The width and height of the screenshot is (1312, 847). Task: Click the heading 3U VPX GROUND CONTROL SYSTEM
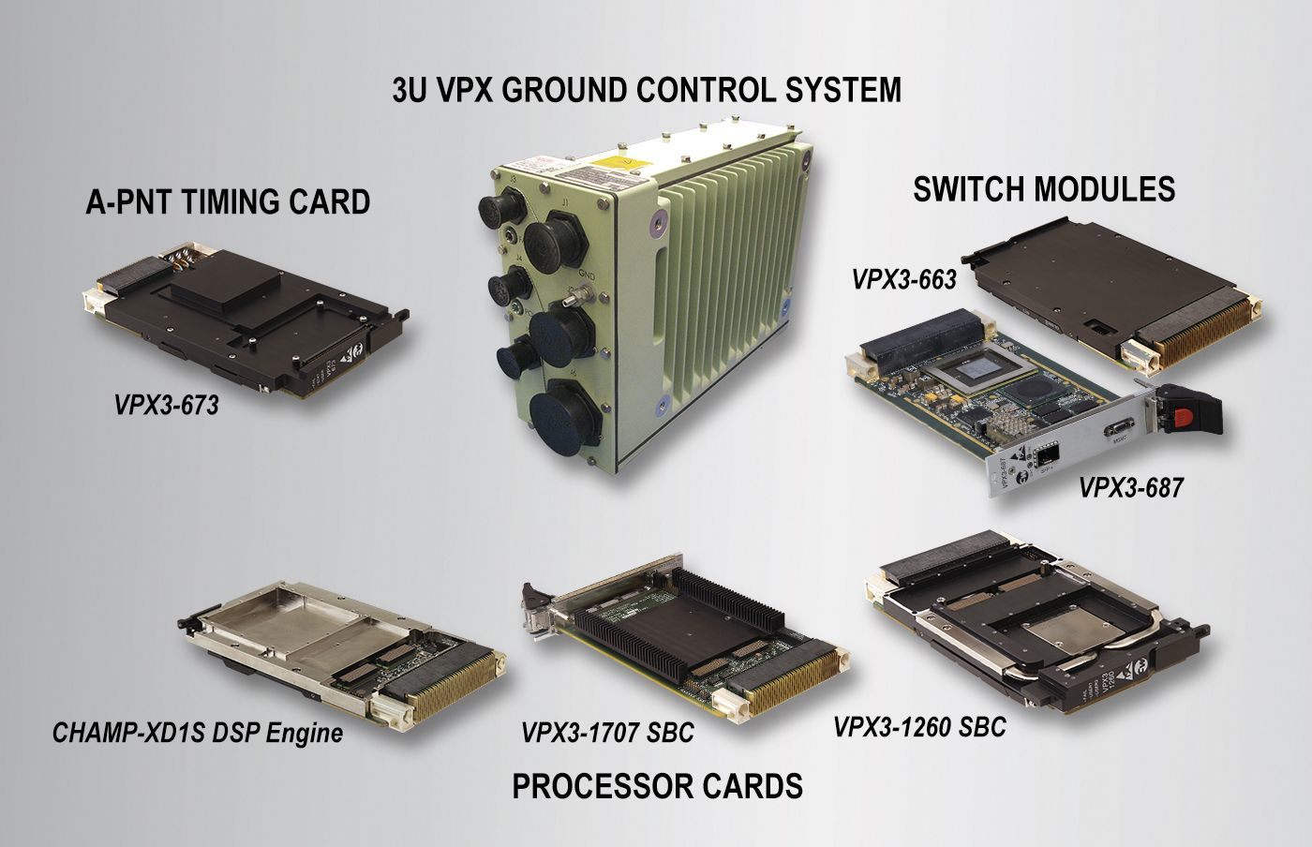tap(647, 90)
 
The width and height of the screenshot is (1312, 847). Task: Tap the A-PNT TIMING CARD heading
tap(228, 201)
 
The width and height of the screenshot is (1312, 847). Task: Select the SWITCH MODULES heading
tap(1044, 189)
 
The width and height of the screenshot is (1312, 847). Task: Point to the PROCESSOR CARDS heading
tap(657, 785)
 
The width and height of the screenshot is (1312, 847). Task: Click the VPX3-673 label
tap(167, 405)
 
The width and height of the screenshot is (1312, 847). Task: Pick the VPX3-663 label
tap(903, 279)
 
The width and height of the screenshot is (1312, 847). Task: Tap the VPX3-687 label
tap(1131, 487)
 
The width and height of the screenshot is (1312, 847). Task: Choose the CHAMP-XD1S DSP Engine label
tap(198, 733)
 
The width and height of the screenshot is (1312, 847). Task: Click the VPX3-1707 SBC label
tap(607, 732)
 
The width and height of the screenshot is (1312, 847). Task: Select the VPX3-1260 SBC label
tap(919, 727)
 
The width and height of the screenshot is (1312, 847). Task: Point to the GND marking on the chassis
tap(587, 274)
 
